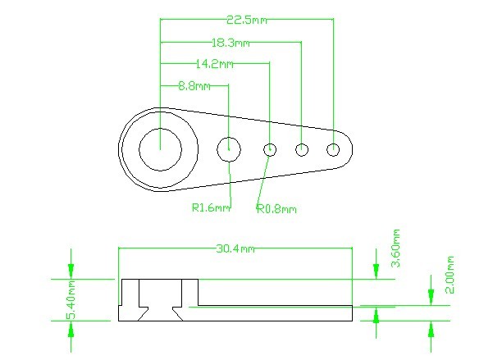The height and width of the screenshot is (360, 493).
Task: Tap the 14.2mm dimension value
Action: (x=214, y=63)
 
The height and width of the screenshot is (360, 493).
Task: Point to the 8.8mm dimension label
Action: (x=195, y=85)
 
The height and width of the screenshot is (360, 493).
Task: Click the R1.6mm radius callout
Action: (x=211, y=208)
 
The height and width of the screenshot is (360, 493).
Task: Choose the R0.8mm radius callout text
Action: (x=276, y=209)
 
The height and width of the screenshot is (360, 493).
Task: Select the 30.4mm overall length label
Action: (x=235, y=248)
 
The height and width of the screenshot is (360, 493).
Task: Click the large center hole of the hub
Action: (x=160, y=149)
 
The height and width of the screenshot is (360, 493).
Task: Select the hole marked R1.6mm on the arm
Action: (x=229, y=149)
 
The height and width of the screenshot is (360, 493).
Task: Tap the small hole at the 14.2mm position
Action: (x=270, y=149)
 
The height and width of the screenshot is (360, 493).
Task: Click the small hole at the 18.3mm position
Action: (x=302, y=149)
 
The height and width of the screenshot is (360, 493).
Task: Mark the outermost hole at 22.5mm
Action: (x=333, y=149)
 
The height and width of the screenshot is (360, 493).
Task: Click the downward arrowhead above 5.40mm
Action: (x=71, y=270)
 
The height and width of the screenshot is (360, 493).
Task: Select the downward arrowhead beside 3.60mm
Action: (x=377, y=270)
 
